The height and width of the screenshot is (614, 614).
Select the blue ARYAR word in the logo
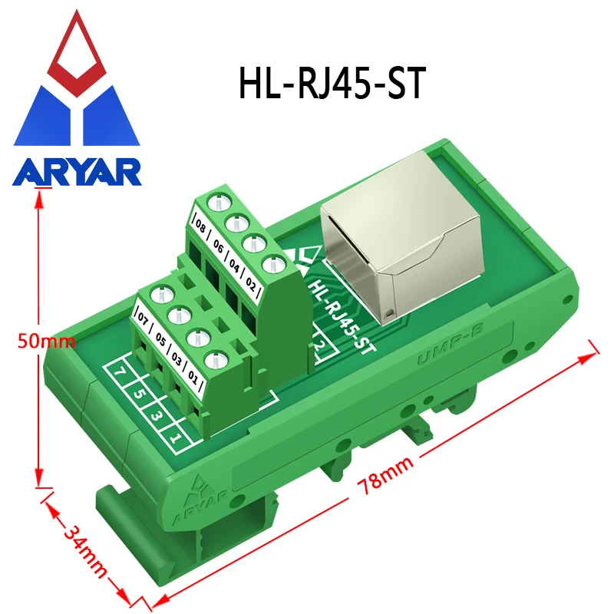pyautogui.click(x=77, y=170)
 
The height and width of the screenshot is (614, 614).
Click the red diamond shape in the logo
pyautogui.click(x=77, y=50)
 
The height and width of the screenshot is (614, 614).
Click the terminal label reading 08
pyautogui.click(x=200, y=227)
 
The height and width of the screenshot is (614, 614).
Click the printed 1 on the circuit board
pyautogui.click(x=175, y=439)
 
